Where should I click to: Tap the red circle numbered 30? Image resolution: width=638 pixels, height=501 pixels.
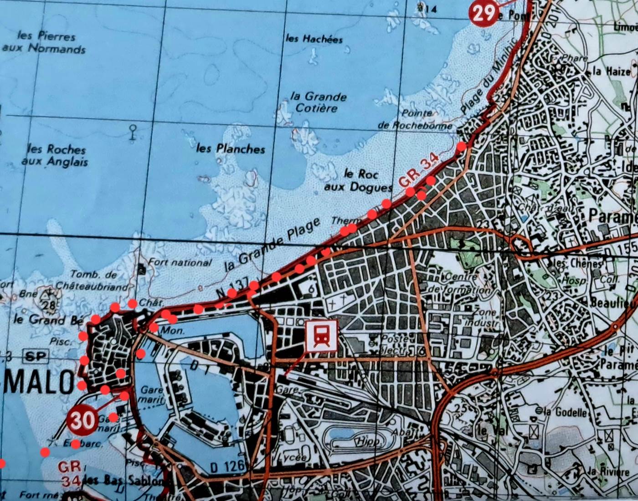pos(82,420)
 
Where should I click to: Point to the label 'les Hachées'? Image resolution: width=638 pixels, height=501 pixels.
pos(314,39)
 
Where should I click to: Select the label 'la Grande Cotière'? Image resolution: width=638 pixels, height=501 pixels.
pos(318,102)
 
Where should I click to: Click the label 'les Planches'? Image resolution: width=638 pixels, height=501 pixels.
pos(231,148)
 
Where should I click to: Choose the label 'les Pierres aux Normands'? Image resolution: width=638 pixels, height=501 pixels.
pos(44,42)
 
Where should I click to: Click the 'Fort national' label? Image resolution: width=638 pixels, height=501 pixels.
pos(180,263)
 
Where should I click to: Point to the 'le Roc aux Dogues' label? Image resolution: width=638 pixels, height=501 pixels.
pos(358,180)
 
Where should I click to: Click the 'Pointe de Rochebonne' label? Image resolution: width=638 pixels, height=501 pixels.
pos(416,119)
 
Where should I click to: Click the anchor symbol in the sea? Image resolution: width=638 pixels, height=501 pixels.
pos(133,132)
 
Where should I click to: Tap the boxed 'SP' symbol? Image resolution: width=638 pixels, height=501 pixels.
pos(36,356)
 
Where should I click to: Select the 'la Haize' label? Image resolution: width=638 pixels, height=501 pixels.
pos(612,71)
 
